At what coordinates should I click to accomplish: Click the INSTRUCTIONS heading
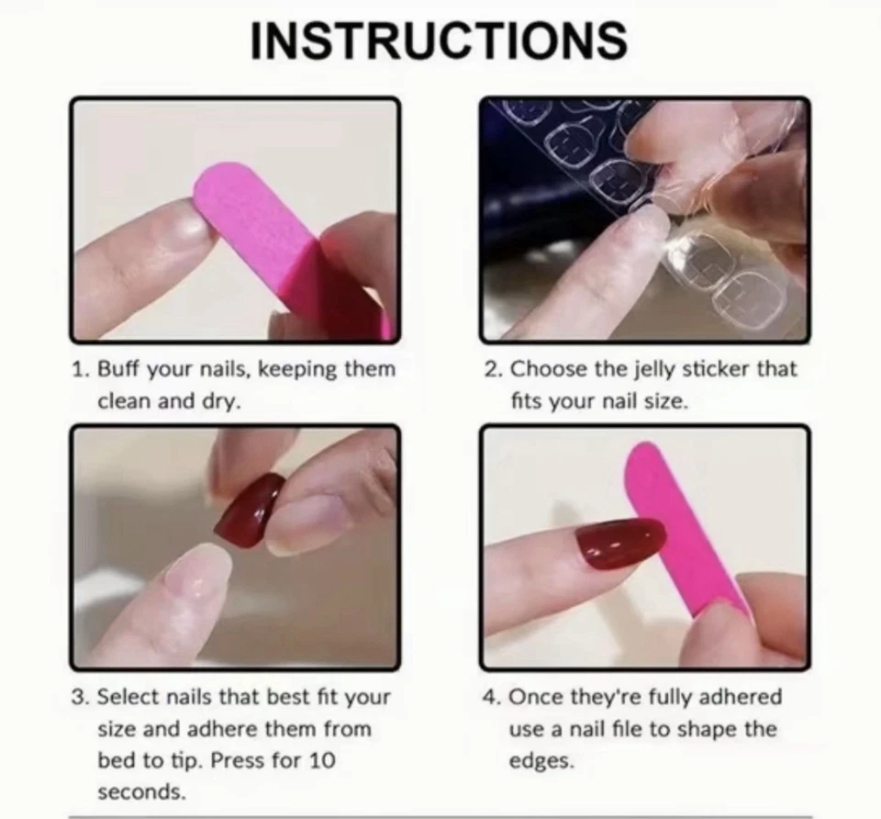coord(439,40)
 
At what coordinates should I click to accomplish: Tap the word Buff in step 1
coord(117,370)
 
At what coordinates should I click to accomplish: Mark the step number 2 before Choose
coord(493,370)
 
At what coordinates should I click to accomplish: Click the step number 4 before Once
coord(492,697)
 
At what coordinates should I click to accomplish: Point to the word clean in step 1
coord(124,401)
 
